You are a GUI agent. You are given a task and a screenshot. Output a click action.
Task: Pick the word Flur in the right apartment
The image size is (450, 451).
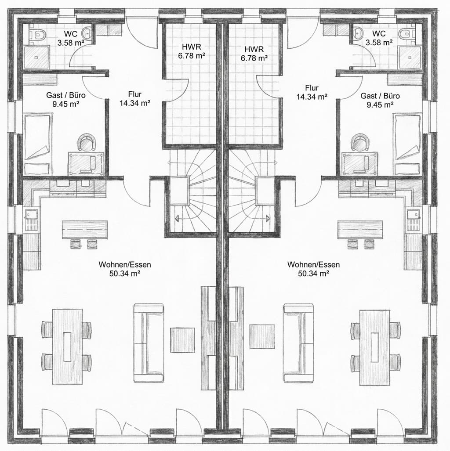(312, 87)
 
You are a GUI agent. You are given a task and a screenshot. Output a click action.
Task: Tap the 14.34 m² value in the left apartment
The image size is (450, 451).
(134, 103)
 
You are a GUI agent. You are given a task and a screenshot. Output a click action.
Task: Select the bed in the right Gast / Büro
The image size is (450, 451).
(408, 143)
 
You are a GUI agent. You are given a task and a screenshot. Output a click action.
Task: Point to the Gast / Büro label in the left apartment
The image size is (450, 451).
(66, 95)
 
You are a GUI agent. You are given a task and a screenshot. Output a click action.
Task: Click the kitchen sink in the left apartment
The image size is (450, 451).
(32, 215)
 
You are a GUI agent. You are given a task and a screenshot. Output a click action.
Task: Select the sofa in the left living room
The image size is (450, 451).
(148, 343)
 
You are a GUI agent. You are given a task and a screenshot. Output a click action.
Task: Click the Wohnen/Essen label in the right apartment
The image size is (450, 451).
(313, 265)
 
